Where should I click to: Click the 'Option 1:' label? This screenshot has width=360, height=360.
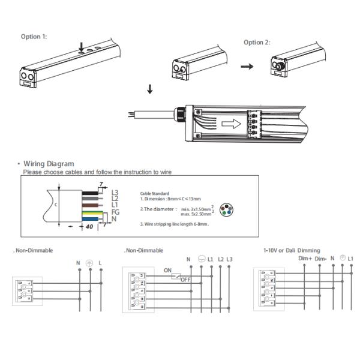[34, 37]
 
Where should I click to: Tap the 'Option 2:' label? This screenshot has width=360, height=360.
[257, 43]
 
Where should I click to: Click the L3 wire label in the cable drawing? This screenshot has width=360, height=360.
[116, 192]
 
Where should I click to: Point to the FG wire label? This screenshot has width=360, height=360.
[116, 212]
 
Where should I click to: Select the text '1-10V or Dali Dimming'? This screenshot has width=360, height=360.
[292, 250]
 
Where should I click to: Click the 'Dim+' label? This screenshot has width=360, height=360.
[305, 258]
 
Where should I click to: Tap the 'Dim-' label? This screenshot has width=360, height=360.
[321, 258]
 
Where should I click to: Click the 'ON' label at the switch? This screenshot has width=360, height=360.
[168, 270]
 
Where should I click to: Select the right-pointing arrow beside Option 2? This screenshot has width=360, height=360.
[246, 66]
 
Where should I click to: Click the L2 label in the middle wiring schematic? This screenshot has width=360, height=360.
[220, 259]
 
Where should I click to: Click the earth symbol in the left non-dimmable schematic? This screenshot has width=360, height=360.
[90, 263]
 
